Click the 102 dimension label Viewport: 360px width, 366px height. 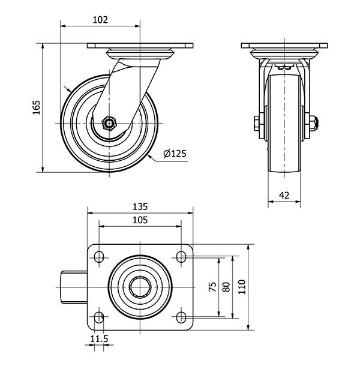click(x=100, y=19)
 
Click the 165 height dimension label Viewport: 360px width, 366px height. click(x=36, y=107)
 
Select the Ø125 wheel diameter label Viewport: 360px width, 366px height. click(x=175, y=154)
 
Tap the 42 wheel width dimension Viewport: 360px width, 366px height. click(x=284, y=195)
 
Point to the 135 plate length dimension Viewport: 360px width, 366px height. click(x=140, y=206)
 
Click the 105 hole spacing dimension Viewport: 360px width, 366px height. click(x=140, y=220)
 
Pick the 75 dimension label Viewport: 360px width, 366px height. click(x=212, y=287)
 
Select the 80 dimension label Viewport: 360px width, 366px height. click(x=226, y=287)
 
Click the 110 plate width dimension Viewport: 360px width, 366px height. click(x=242, y=287)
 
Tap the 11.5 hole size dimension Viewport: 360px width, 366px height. click(x=99, y=340)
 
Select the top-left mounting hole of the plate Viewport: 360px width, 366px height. click(x=98, y=257)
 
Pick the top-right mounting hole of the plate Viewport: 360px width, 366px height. click(x=181, y=257)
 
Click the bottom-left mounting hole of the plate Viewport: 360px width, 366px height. click(x=98, y=317)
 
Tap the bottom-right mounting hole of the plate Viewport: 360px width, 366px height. click(x=181, y=317)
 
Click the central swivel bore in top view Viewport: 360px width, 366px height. click(x=140, y=287)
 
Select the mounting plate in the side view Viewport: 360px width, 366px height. click(x=140, y=46)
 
